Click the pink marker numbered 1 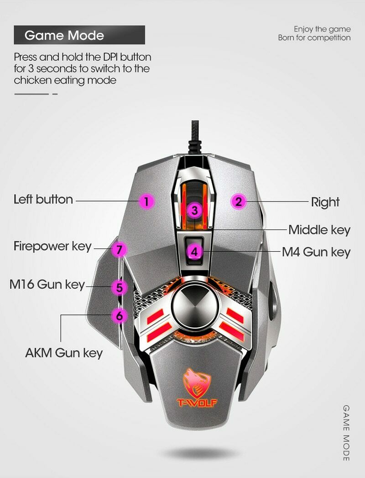pos(146,201)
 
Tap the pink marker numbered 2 pos(239,201)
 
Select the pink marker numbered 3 pos(195,211)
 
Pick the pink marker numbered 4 pos(195,251)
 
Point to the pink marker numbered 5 pos(119,287)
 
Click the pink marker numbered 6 pos(119,315)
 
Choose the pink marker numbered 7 pos(119,250)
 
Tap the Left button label pos(43,200)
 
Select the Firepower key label pos(52,246)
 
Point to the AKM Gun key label pos(64,353)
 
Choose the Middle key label pos(319,229)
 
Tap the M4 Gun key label pos(316,252)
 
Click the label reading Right pos(325,202)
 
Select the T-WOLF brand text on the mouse pos(198,403)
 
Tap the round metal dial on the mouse pos(191,307)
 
